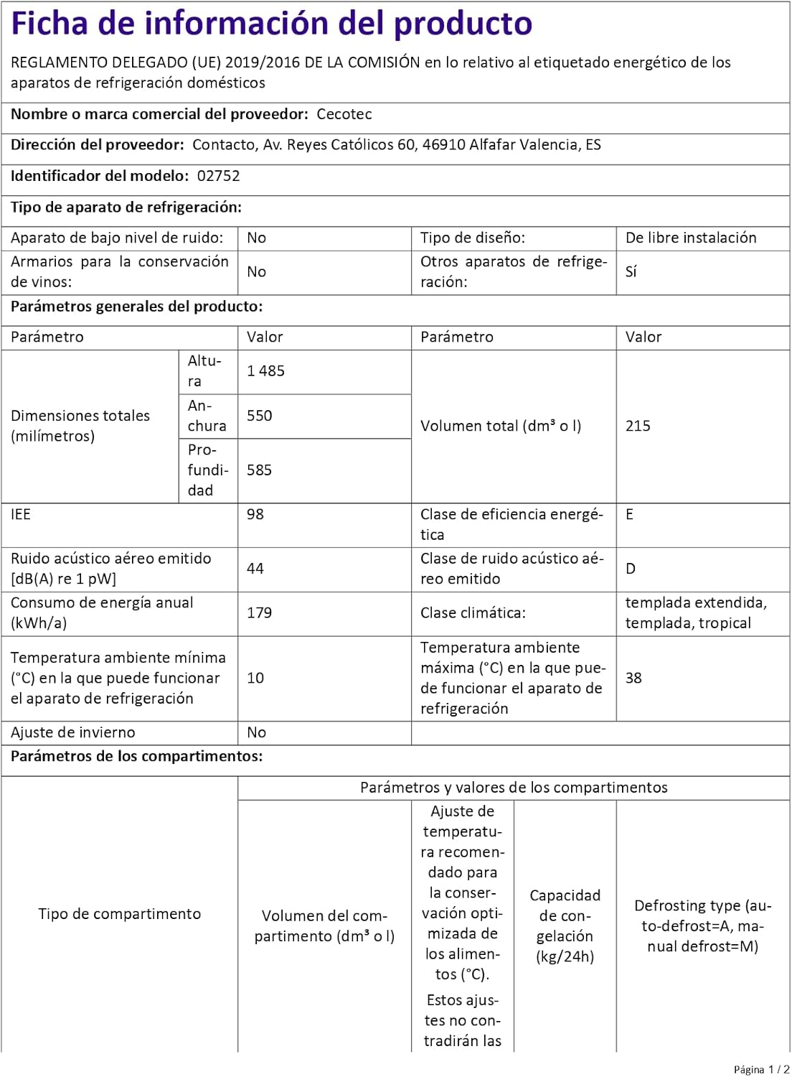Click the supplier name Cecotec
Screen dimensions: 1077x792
point(344,114)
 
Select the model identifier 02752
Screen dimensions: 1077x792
point(219,176)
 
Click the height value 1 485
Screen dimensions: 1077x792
point(265,371)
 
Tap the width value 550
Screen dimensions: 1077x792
point(259,416)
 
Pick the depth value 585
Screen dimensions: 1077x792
point(259,470)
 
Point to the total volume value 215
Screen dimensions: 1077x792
point(638,426)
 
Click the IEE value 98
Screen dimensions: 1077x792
point(255,514)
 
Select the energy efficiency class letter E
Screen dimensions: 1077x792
point(630,514)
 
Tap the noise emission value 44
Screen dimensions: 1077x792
point(255,569)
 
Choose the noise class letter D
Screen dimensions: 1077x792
point(631,569)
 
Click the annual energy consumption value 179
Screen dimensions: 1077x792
point(259,613)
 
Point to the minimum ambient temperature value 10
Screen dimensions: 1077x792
point(255,678)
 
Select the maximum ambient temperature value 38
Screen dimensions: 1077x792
point(633,678)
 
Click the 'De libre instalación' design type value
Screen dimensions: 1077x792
point(691,238)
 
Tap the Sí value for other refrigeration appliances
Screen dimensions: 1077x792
point(631,271)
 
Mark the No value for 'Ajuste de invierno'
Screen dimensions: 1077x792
point(256,732)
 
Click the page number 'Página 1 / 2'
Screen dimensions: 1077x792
point(761,1069)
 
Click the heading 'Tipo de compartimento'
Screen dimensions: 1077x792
point(119,914)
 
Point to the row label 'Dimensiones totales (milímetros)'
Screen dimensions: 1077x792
point(80,426)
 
